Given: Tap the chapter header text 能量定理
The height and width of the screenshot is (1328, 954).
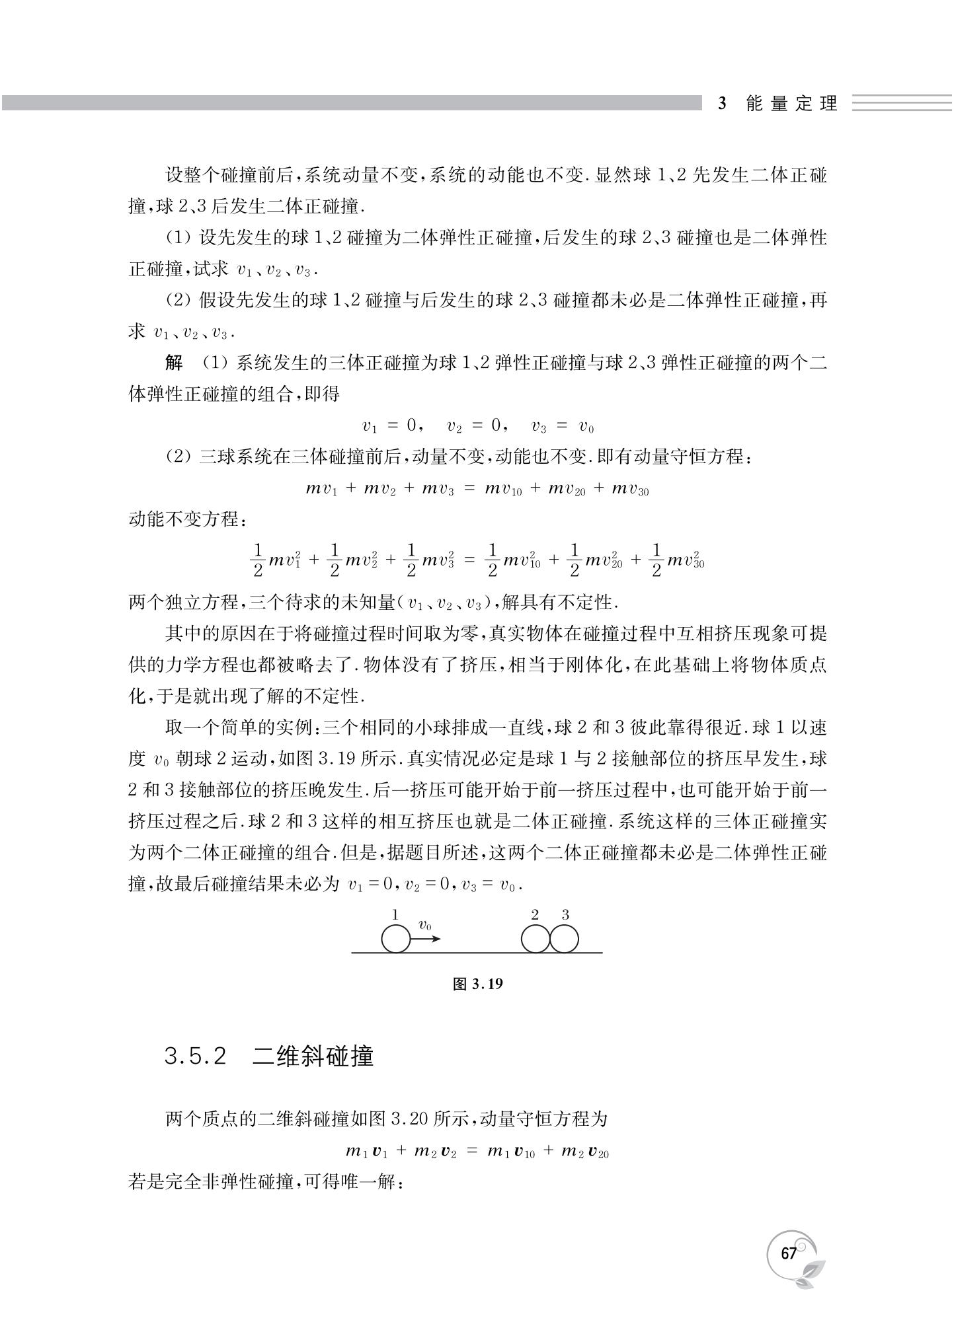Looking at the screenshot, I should (x=791, y=104).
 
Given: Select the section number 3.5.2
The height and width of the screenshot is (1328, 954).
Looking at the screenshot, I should (x=196, y=1056).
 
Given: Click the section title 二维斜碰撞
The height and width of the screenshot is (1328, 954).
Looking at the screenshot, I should (x=313, y=1056).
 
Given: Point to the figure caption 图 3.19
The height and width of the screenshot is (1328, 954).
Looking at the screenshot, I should (x=477, y=984).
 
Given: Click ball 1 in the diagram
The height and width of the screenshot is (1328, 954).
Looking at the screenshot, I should (x=395, y=939).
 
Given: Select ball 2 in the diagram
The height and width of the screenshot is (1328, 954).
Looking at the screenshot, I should (x=535, y=939).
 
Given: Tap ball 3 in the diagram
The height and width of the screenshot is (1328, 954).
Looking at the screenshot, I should (x=564, y=939).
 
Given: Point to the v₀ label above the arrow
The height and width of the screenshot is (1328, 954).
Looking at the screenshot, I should (x=425, y=925).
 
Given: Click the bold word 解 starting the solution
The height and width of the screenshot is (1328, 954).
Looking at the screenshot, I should (x=174, y=362).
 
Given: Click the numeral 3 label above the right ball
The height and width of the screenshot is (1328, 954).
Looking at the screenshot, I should (x=565, y=915).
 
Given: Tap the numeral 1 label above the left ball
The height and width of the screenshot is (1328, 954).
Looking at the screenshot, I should (x=395, y=915).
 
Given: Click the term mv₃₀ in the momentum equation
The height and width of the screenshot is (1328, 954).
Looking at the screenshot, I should (x=630, y=489).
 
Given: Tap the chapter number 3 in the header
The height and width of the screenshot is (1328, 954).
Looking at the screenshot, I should (x=722, y=104).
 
